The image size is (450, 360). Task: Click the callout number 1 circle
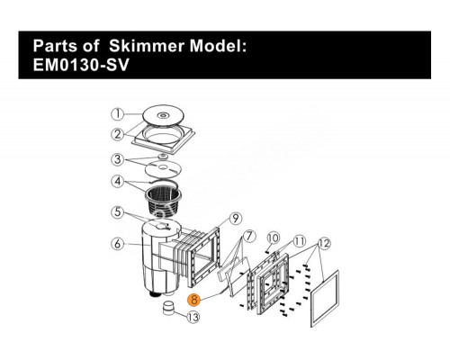click(118, 114)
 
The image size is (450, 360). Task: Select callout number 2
click(118, 134)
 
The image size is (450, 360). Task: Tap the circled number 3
click(118, 159)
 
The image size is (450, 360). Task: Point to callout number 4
click(118, 182)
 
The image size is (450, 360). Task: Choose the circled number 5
click(118, 212)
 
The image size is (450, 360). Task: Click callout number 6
click(118, 243)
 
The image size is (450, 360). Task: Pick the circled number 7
click(249, 237)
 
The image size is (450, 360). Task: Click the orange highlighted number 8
click(194, 300)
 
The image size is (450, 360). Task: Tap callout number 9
click(236, 219)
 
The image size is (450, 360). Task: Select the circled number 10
click(273, 238)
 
